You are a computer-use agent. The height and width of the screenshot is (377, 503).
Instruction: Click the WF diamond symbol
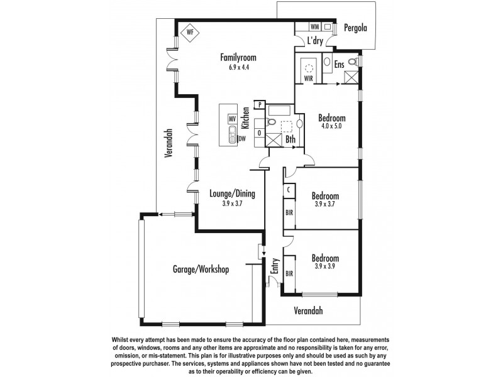(x=189, y=31)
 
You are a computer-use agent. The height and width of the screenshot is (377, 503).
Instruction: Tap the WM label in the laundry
(x=314, y=28)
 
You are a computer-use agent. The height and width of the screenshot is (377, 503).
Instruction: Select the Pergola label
(x=355, y=28)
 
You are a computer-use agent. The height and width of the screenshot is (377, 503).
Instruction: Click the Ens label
(x=339, y=63)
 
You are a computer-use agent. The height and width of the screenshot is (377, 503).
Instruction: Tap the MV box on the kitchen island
(x=232, y=118)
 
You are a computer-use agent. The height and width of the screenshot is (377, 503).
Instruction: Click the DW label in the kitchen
(x=242, y=139)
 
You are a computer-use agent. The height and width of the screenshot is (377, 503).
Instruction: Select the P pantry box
(x=259, y=104)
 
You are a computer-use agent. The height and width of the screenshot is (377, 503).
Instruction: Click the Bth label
(x=290, y=139)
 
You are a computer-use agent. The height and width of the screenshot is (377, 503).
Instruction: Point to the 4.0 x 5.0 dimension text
(x=331, y=126)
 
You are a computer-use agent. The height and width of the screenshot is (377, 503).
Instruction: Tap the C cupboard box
(x=288, y=188)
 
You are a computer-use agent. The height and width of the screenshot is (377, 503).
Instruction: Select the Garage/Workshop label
(x=201, y=270)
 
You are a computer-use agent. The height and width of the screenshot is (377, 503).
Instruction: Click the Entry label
(x=275, y=266)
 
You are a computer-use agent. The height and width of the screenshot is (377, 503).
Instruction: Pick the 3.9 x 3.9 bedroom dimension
(x=325, y=266)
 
